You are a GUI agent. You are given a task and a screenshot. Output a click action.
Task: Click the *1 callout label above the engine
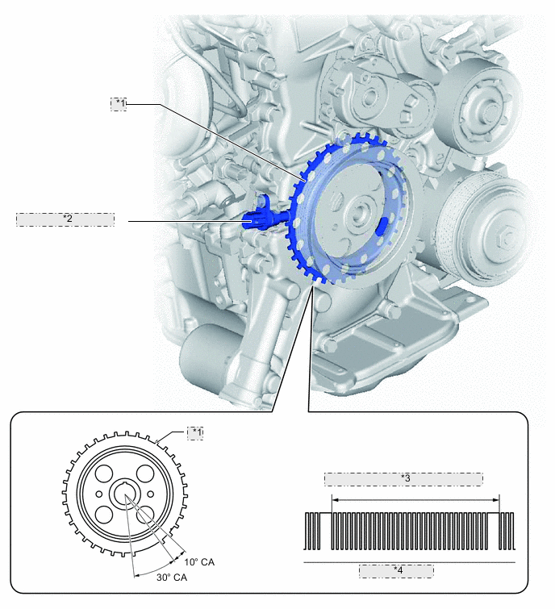[119, 104]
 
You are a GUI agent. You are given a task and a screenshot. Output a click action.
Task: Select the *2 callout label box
[65, 219]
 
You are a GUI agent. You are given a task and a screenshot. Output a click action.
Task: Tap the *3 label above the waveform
[403, 479]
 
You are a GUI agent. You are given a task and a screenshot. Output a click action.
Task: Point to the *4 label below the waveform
[396, 571]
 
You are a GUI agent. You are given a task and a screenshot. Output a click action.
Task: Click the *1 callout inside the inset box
[195, 433]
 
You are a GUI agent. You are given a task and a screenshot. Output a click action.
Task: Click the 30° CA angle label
[172, 578]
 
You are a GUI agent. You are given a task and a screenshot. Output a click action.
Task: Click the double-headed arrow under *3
[415, 500]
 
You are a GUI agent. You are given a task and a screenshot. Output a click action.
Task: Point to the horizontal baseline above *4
[409, 561]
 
